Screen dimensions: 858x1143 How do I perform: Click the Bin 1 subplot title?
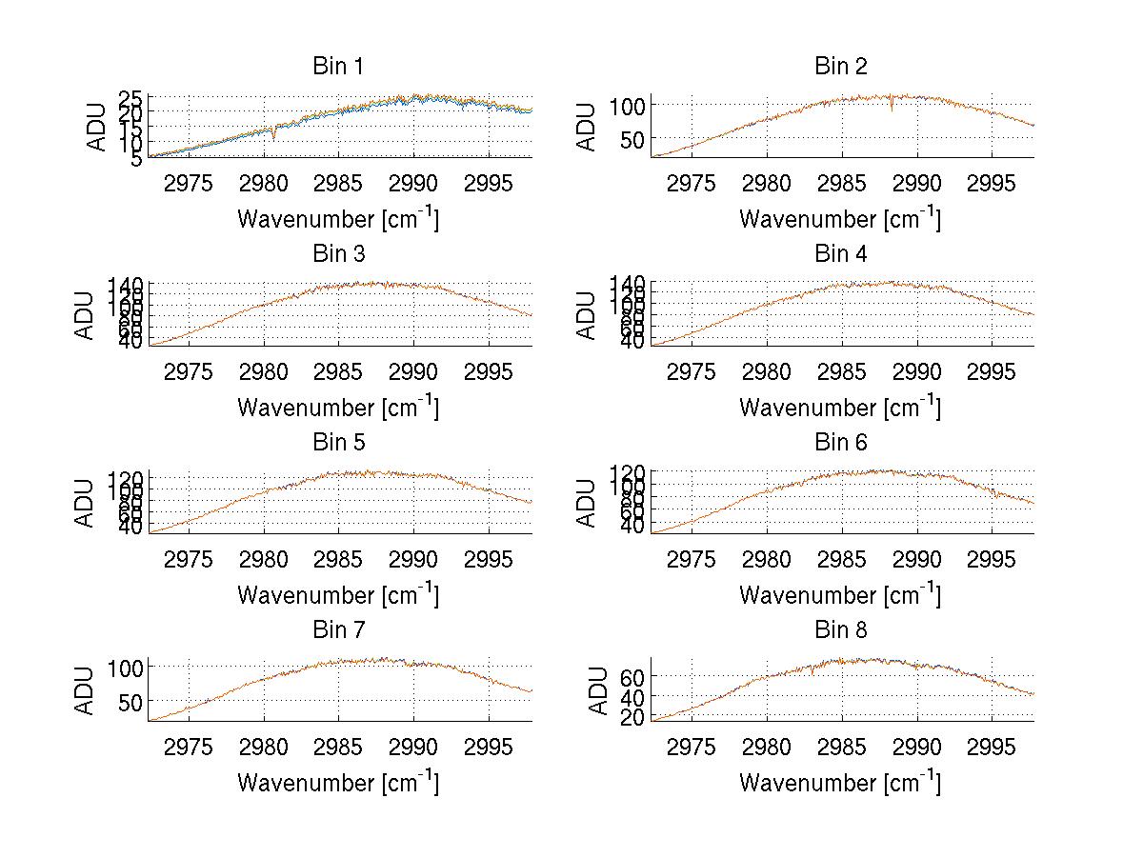[338, 67]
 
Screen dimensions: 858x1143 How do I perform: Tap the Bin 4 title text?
[841, 254]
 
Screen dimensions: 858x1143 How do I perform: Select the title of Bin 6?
[841, 442]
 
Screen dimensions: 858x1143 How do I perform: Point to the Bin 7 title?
[338, 629]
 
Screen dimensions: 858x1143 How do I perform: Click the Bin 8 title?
[841, 629]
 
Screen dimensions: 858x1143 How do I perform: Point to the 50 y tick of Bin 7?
[130, 701]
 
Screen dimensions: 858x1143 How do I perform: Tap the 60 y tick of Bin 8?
[633, 676]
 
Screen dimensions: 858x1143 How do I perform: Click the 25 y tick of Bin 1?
[130, 98]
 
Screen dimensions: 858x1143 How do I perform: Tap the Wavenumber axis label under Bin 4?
[840, 408]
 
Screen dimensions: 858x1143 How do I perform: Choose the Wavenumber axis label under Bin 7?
[338, 783]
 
